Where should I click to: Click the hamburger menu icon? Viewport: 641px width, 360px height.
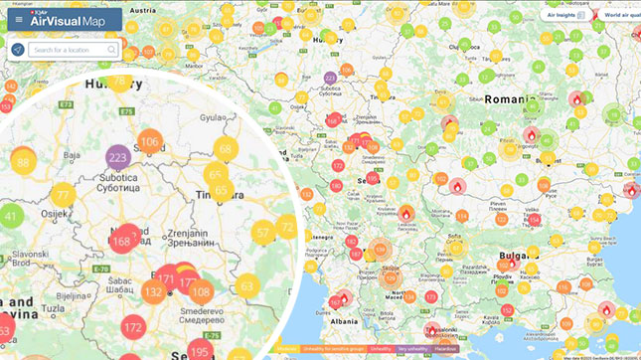19,19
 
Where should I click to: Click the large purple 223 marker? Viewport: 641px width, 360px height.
118,157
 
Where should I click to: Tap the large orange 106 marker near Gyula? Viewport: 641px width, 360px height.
149,141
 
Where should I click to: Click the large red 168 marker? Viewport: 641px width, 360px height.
123,240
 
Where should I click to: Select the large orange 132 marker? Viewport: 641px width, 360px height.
153,292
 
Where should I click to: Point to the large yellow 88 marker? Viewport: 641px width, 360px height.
22,161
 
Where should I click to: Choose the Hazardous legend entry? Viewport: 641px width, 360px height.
446,349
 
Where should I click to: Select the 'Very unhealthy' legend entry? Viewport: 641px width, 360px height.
411,349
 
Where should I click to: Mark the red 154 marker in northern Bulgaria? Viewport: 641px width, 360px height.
534,220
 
